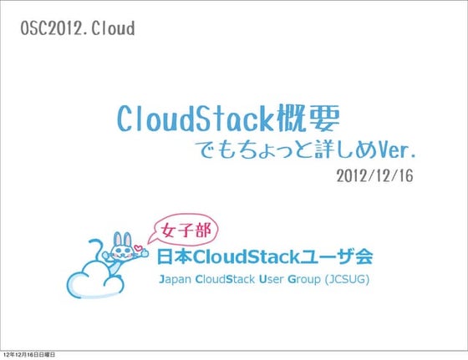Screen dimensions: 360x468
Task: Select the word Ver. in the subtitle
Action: click(x=393, y=152)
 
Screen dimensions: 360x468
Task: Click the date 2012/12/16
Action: click(x=375, y=177)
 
